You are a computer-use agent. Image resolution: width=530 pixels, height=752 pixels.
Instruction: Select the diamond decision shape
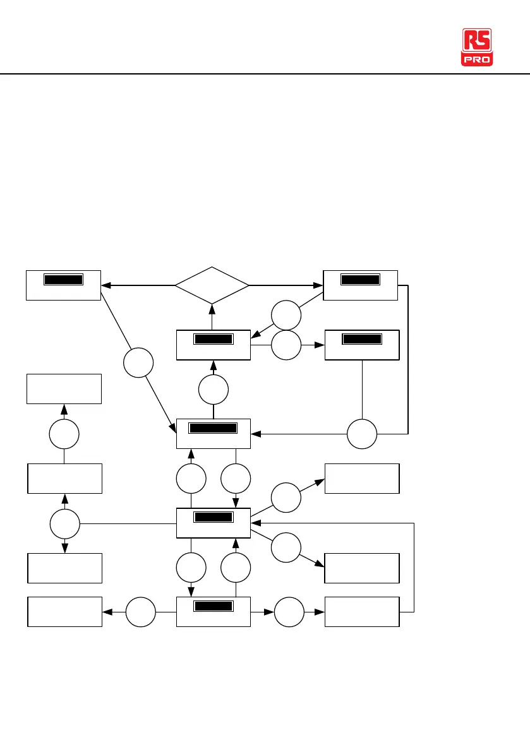point(212,285)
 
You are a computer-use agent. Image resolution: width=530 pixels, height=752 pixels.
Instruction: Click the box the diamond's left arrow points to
point(63,285)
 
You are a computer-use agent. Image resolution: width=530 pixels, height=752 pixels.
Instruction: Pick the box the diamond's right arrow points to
point(360,285)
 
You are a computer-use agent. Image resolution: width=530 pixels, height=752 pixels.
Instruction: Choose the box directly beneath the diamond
point(214,345)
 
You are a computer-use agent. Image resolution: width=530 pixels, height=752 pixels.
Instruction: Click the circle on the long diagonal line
point(138,364)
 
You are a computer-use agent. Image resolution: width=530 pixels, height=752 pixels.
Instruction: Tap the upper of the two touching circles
point(286,315)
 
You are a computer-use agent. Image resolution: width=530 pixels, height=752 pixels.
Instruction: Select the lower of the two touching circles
point(286,345)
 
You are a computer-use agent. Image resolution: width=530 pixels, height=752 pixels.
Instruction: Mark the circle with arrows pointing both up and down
point(64,523)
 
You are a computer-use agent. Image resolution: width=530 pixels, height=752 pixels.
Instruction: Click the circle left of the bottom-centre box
point(140,612)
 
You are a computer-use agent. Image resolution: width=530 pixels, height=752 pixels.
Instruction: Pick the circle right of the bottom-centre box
point(288,612)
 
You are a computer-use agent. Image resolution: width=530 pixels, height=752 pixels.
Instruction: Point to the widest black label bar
point(214,428)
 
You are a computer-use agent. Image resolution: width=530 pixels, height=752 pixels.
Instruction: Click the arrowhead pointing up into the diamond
point(212,307)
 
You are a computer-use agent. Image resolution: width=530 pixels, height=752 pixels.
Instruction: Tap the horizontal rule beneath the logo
point(265,75)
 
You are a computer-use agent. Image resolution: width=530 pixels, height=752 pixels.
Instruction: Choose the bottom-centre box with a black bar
point(214,611)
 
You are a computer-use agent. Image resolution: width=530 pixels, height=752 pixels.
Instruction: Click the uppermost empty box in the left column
point(64,388)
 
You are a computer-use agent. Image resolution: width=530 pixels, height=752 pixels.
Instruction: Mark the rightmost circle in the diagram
point(362,434)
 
